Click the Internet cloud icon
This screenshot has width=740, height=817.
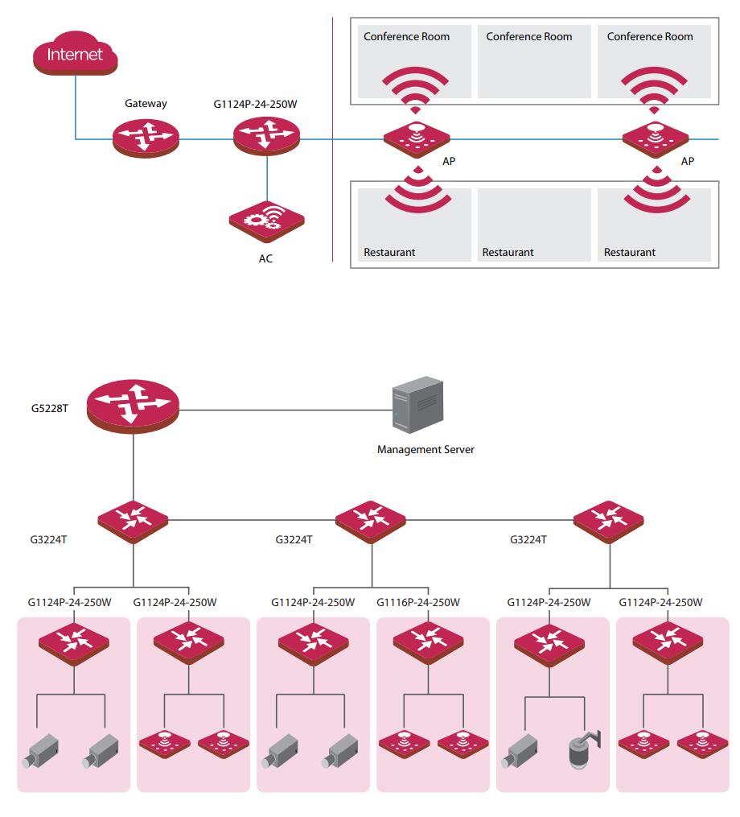75,52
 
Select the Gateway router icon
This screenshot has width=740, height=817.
146,138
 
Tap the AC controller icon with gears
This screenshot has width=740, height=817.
266,221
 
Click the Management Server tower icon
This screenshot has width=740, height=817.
417,405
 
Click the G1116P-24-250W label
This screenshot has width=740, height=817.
418,602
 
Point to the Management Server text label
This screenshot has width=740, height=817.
425,449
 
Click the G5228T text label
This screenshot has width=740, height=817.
50,409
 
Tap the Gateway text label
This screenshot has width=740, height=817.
146,104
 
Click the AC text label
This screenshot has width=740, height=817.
265,258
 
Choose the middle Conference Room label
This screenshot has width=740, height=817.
529,36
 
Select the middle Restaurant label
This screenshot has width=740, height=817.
508,252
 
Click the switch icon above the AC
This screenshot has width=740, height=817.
266,136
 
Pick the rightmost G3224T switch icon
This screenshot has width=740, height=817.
609,522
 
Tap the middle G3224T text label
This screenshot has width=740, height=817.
294,540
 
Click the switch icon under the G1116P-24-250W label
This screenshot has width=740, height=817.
428,643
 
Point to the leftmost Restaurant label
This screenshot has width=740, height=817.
389,252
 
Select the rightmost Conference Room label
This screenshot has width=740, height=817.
650,36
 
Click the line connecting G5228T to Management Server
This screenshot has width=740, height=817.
286,410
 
